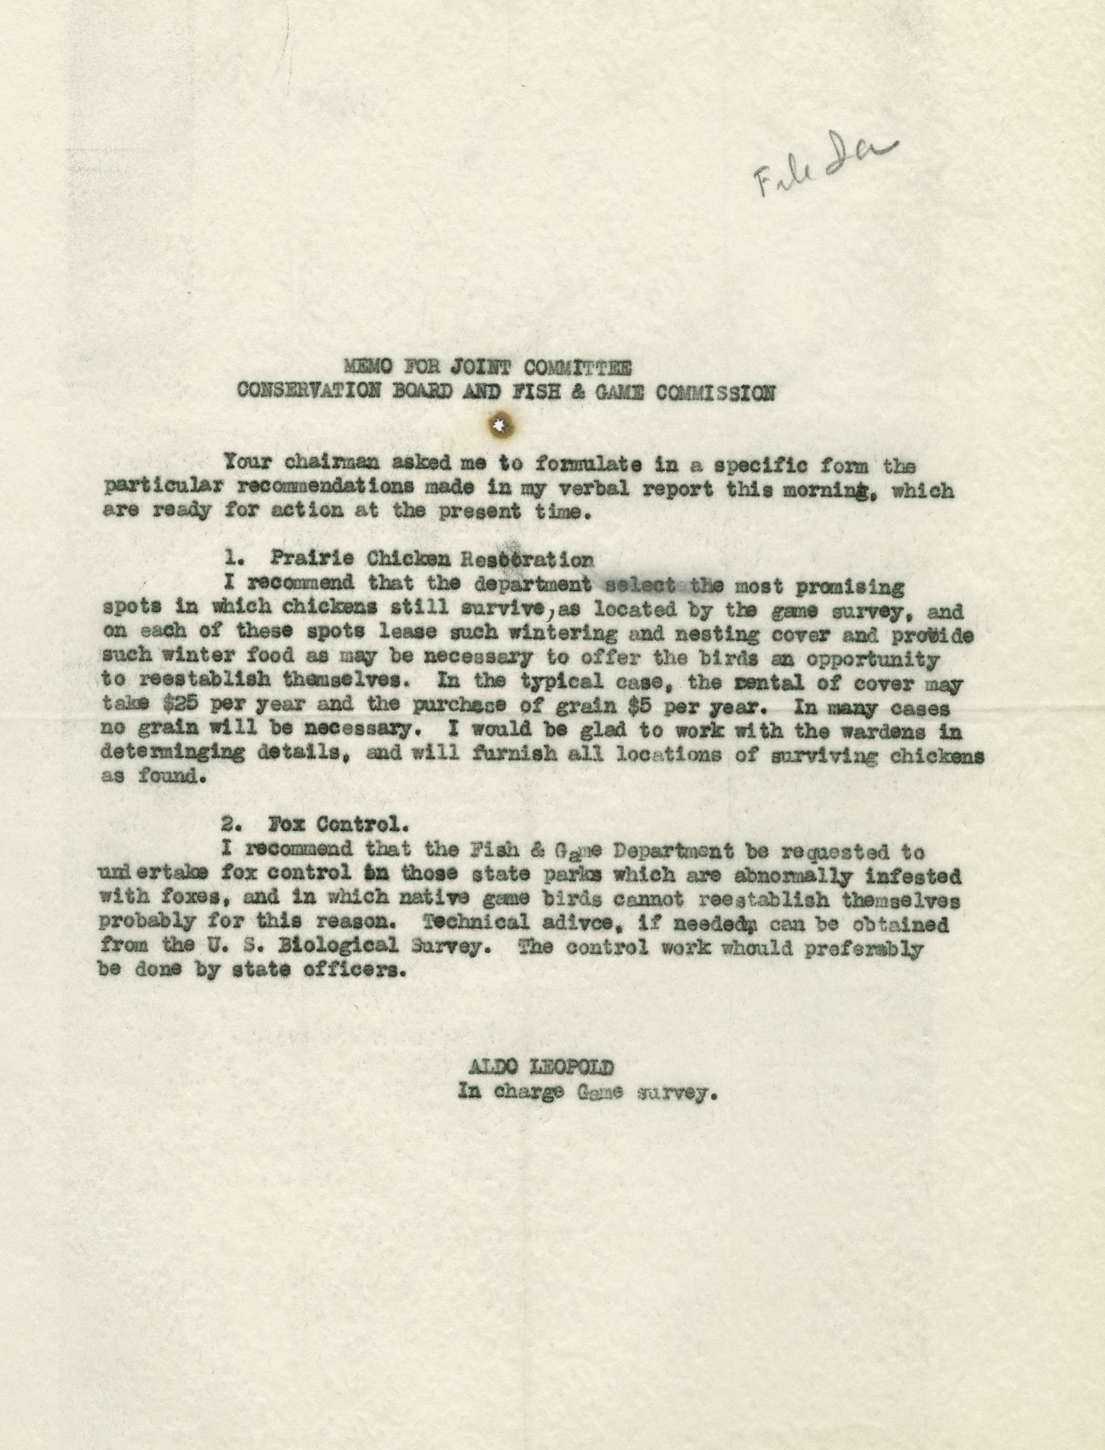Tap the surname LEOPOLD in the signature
(577, 1066)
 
